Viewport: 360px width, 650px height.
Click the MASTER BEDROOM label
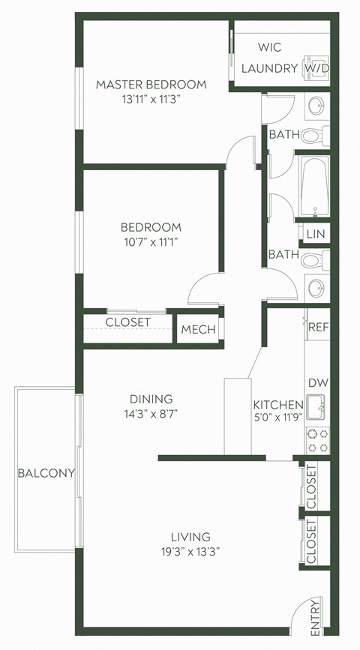(151, 84)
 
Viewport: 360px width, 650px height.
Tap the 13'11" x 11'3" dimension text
(151, 98)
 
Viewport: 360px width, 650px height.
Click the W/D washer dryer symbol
(316, 67)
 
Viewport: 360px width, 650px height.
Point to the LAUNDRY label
(269, 68)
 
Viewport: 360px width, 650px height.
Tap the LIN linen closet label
(315, 234)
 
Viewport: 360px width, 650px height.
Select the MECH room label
(199, 330)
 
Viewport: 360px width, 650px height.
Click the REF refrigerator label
(319, 327)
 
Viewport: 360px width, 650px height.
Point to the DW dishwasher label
(318, 382)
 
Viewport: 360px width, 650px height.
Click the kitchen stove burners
(318, 439)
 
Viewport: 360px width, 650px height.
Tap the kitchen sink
(316, 406)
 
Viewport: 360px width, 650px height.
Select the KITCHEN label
(277, 404)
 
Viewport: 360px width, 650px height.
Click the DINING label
(151, 399)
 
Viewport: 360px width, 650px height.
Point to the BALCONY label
(46, 472)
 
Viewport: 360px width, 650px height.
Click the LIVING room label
(190, 537)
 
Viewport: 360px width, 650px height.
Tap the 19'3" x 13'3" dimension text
(190, 551)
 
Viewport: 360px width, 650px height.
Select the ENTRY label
(315, 615)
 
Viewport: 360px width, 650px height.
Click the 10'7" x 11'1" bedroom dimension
(151, 241)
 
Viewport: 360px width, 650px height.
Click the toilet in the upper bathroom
(316, 135)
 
